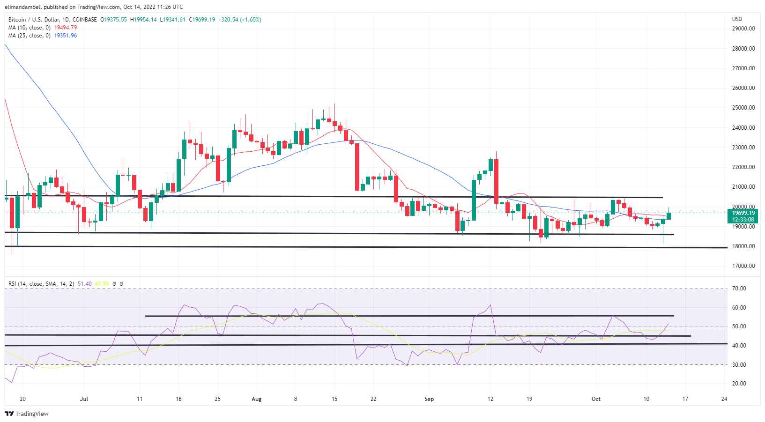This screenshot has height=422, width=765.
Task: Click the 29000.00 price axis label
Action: coord(743,29)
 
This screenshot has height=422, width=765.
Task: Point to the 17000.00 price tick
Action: coord(743,266)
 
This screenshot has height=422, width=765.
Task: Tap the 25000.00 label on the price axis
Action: coord(743,108)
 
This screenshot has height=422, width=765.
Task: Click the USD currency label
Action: coord(737,19)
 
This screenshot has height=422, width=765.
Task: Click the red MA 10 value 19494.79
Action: coord(66,28)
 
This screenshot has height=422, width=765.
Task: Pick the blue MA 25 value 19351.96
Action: coord(66,36)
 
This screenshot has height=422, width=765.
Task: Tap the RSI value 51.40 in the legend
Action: coord(84,284)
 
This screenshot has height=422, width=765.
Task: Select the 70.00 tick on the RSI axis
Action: coord(739,289)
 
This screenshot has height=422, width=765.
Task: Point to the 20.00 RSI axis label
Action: coord(739,384)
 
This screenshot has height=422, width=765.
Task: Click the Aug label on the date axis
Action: coord(256,399)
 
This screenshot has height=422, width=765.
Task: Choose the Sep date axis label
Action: coord(429,399)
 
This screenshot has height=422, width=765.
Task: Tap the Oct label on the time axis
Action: coord(596,399)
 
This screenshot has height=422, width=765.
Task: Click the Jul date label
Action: coord(84,399)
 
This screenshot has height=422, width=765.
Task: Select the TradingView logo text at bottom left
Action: coord(31,414)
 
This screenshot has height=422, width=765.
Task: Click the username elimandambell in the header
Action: coord(23,7)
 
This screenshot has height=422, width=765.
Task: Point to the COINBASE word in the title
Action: coord(85,20)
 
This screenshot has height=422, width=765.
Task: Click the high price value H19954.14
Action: coord(143,20)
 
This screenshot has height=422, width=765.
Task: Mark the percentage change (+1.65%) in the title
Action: coord(251,20)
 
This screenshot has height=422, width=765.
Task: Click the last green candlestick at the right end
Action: coord(668,215)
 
